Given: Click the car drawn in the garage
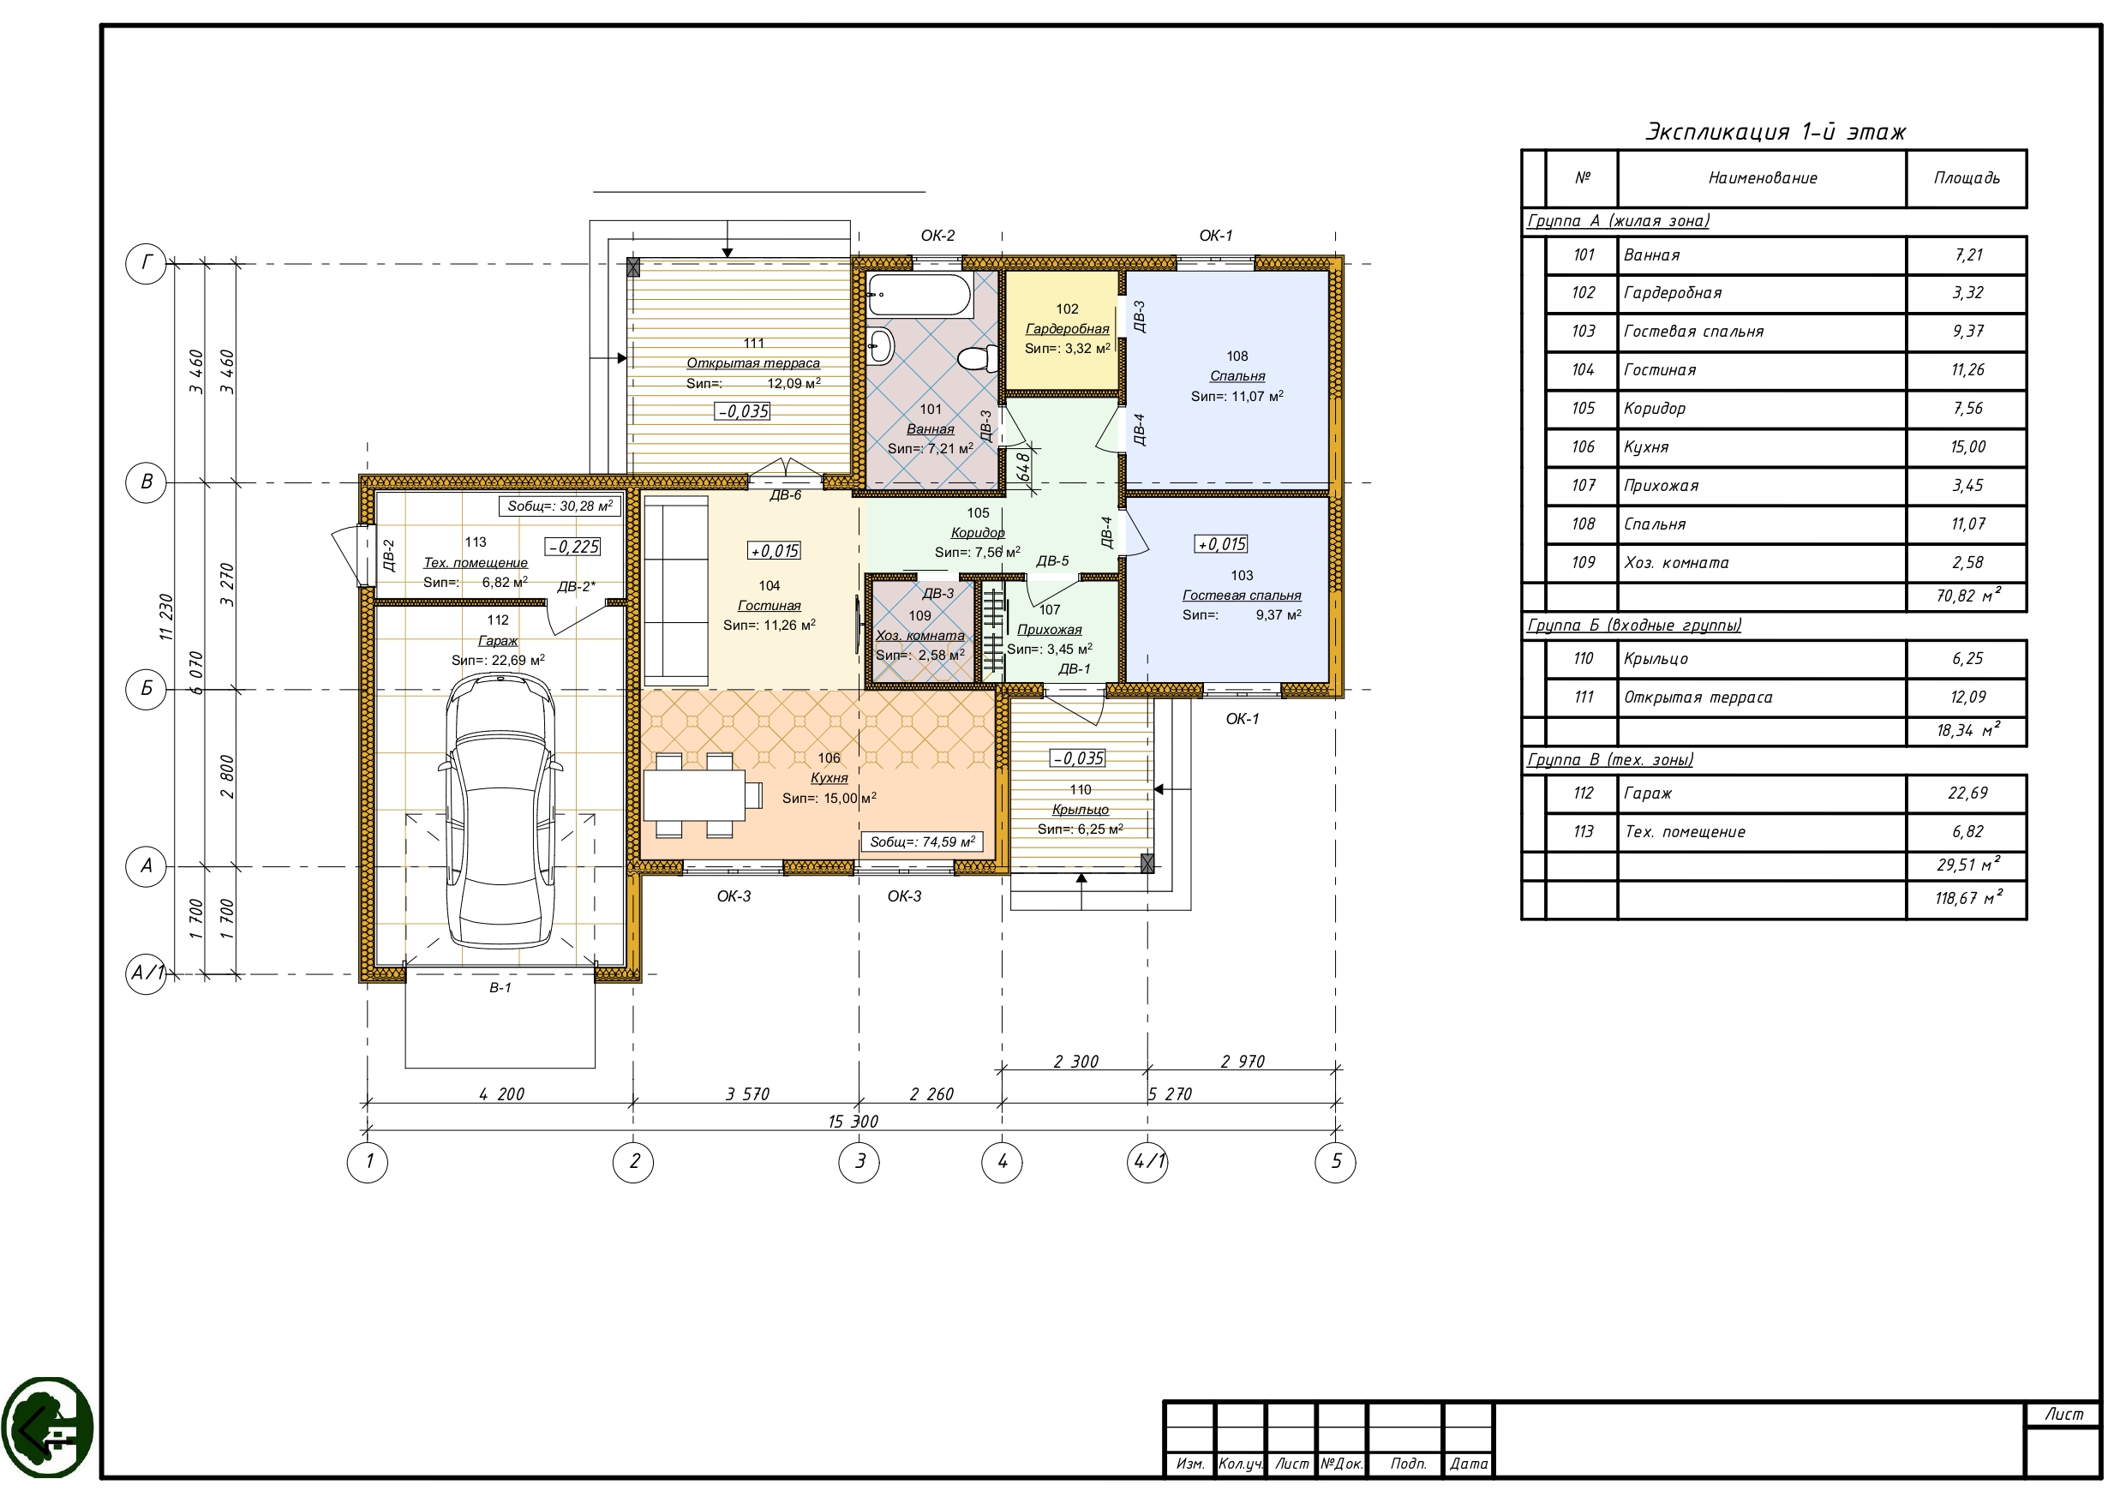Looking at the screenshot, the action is coord(500,811).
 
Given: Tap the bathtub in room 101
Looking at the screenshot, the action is coord(919,295).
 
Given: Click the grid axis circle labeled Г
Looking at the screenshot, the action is coord(146,264).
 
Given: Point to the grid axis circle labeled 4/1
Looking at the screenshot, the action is coord(1148,1161).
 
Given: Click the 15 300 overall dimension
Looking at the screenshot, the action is coord(853,1122).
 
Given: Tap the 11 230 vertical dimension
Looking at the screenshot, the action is coord(167,618).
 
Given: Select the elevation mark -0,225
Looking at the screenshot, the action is coord(573,548).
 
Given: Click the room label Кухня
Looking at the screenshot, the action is coord(829,778).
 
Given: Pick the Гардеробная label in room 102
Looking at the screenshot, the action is coord(1067,329).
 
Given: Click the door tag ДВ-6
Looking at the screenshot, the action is coord(785,495).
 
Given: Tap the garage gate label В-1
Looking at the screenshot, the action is coord(500,988).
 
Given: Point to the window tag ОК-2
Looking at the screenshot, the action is coord(937,237).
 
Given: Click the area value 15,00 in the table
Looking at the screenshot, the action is coord(1967,447).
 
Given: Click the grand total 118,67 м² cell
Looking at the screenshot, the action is coord(1967,897).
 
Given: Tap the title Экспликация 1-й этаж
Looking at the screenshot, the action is coord(1775,131).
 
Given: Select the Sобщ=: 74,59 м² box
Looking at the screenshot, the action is coord(922,841).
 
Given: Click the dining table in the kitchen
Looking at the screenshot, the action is coord(694,795).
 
